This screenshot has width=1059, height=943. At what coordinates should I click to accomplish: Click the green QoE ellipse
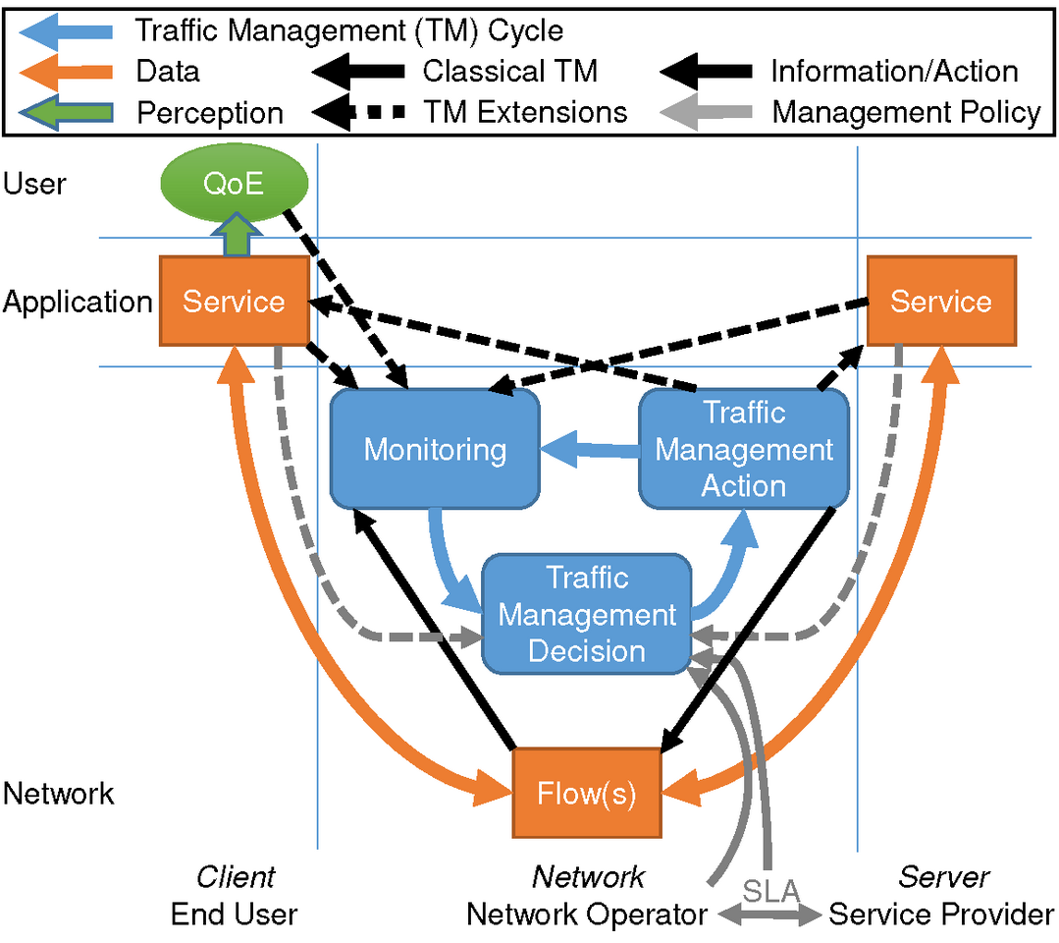(234, 184)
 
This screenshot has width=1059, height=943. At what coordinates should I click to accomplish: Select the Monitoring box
(436, 450)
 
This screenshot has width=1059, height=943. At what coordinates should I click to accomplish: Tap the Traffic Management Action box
(743, 449)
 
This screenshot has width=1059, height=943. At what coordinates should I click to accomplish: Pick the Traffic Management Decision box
(587, 614)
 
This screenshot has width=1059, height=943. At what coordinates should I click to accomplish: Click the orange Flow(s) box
(587, 794)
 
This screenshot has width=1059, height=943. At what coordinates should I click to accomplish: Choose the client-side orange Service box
(234, 301)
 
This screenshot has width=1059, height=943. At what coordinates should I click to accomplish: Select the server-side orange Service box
(940, 301)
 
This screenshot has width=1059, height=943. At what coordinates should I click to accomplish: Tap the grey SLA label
(770, 892)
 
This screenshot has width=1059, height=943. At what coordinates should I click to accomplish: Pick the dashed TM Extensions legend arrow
(359, 112)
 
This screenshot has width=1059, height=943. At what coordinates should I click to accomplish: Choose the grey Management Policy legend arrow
(708, 112)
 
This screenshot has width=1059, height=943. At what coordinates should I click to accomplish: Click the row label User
(35, 184)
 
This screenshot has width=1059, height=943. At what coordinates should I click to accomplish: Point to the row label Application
(78, 302)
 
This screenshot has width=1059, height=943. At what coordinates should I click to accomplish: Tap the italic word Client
(236, 876)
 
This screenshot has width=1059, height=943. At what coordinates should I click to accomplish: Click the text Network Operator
(587, 915)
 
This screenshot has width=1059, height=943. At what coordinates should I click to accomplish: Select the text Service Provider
(941, 915)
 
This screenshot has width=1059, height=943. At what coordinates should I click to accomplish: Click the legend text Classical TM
(510, 72)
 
